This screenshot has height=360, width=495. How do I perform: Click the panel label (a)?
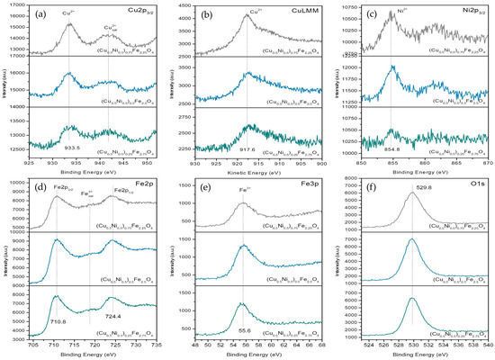click(41, 14)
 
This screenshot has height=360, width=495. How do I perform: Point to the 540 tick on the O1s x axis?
click(487, 343)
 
